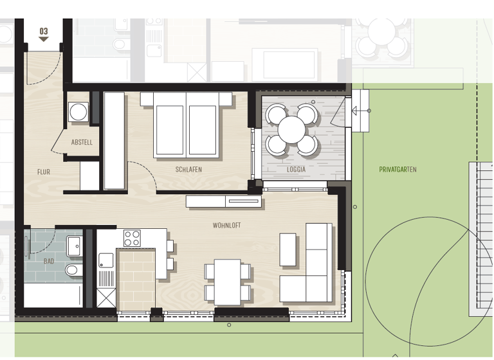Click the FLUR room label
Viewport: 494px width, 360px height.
44,172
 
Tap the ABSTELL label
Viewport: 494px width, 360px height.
82,143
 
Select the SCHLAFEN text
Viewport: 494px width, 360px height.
188,170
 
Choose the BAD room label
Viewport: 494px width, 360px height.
49,262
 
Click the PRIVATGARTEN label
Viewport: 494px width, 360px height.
398,170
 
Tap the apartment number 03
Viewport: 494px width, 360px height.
44,30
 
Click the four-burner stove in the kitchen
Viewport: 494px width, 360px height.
133,239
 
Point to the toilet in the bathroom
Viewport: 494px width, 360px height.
72,269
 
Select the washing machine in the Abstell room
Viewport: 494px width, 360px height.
79,111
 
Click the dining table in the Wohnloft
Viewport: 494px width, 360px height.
227,282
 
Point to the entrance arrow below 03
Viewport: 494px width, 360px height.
44,39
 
